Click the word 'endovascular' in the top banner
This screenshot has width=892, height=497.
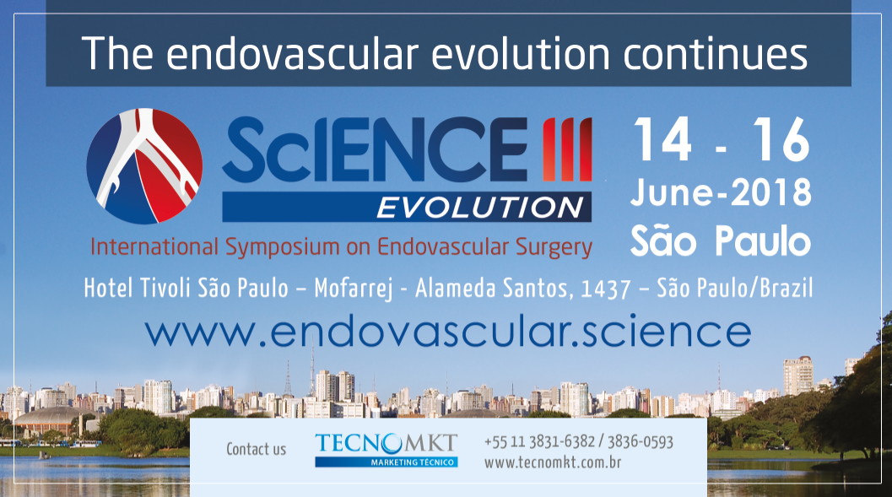coord(292,53)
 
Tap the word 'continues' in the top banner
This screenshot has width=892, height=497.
coord(715,53)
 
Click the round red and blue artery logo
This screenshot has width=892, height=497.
coord(144,165)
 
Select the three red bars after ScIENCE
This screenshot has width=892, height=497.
coord(567,149)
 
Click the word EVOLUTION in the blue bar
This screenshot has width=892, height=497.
coord(480,207)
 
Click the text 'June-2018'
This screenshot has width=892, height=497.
coord(721,192)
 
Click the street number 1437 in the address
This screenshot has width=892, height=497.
coord(605,289)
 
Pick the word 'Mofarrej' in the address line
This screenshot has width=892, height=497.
coord(354,289)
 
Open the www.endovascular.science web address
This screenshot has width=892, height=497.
coord(448,332)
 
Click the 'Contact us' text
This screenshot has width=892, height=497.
coord(256,449)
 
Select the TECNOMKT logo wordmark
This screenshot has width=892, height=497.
coord(387,443)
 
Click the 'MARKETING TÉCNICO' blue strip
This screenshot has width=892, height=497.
coord(387,462)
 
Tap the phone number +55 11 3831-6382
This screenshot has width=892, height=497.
coord(539,442)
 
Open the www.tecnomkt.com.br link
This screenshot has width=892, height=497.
coord(553,462)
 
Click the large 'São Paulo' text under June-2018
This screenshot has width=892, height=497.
coord(721,241)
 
